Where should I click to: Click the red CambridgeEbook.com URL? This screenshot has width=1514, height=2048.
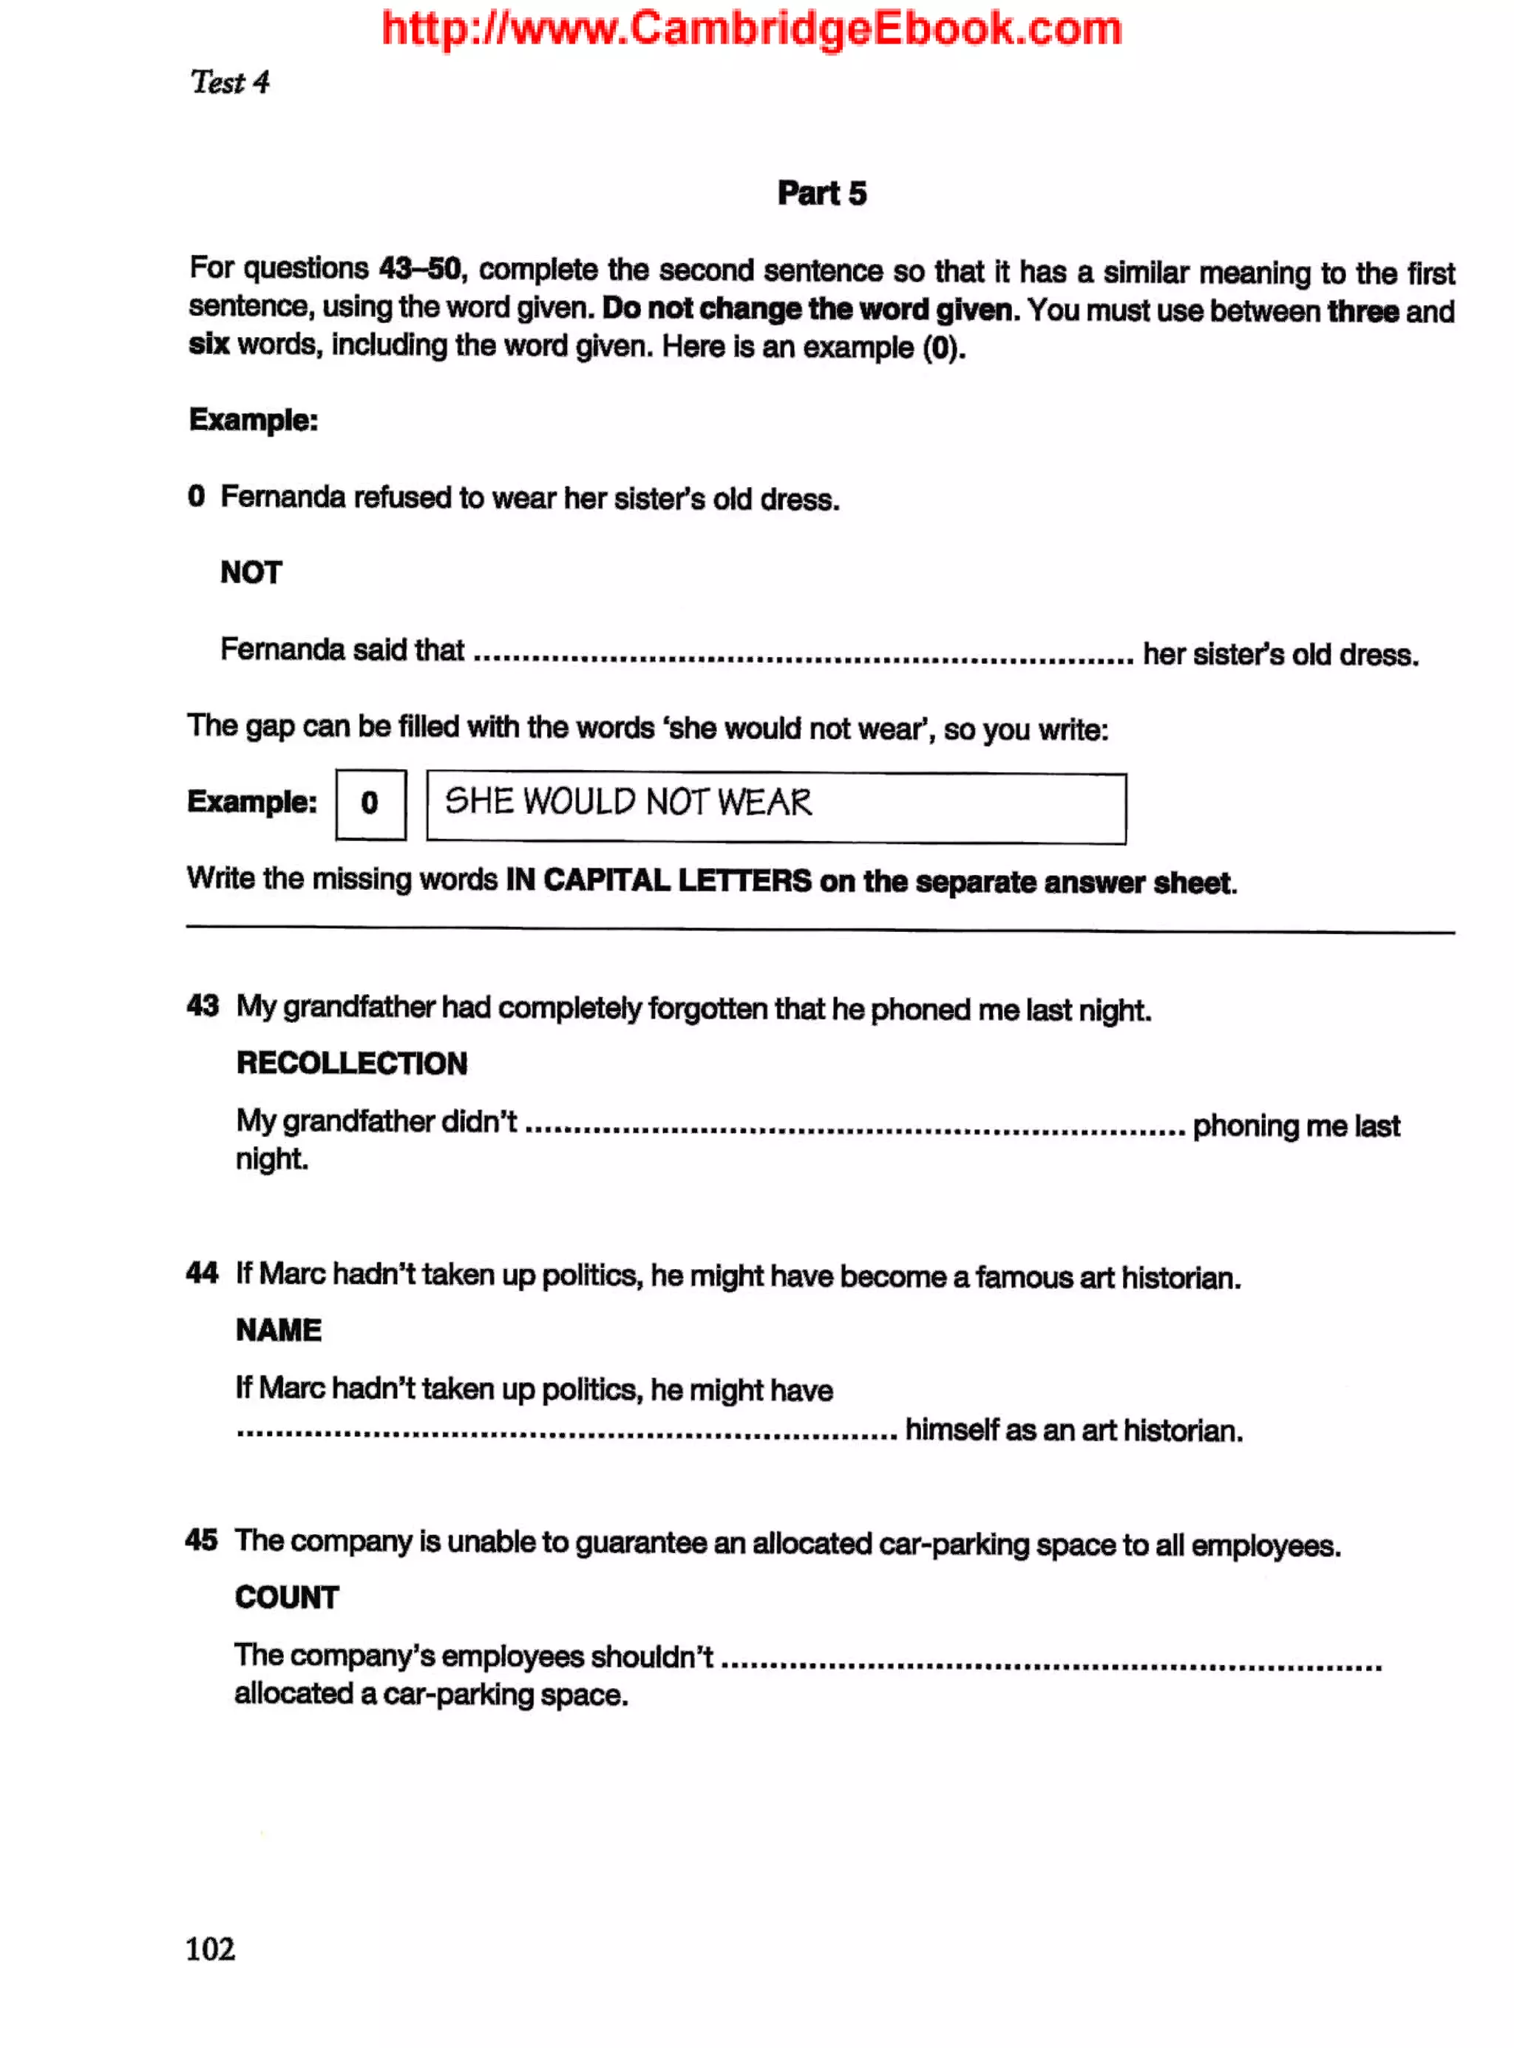(752, 28)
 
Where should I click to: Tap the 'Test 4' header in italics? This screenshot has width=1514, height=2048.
(229, 83)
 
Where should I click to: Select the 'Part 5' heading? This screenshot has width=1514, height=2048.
(821, 194)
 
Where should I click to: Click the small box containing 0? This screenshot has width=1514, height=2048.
(370, 803)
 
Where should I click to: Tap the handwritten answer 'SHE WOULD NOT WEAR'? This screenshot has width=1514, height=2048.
(628, 802)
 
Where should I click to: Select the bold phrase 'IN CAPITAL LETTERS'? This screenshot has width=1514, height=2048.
(658, 880)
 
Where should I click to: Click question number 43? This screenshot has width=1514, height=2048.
(203, 1006)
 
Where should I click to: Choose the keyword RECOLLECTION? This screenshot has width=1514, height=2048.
(352, 1063)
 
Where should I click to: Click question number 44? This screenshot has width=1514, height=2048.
(202, 1273)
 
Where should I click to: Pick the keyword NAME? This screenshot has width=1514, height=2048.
(279, 1330)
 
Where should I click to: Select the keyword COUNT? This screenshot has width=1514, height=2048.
(287, 1597)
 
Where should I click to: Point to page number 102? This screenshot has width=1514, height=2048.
(210, 1948)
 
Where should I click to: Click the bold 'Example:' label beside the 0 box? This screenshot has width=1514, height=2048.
(252, 802)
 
